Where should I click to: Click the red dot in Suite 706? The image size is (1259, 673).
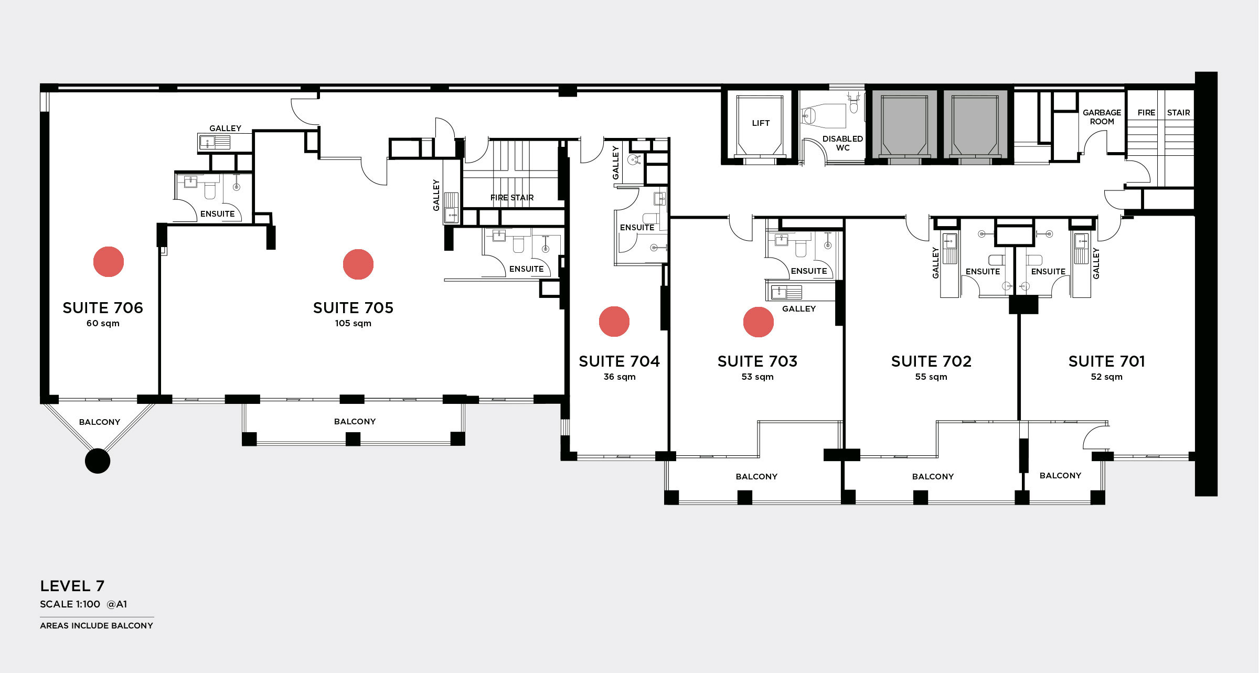(x=109, y=262)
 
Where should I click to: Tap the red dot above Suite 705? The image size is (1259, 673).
(x=358, y=264)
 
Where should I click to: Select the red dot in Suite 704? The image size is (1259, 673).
(x=614, y=322)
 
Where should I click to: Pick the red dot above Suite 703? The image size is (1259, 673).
(x=759, y=322)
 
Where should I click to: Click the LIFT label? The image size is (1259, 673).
(x=761, y=123)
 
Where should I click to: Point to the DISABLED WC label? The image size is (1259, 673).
(x=842, y=143)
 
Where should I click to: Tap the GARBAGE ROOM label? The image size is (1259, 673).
(x=1102, y=117)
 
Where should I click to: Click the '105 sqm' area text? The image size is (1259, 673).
(x=353, y=324)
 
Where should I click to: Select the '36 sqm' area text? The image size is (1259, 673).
(x=620, y=377)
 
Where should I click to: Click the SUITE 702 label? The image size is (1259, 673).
(x=931, y=361)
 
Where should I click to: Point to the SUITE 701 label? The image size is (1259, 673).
(x=1107, y=361)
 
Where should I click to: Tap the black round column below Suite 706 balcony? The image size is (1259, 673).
(x=98, y=461)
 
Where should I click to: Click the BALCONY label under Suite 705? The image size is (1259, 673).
(x=355, y=422)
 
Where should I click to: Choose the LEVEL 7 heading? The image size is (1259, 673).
(x=72, y=586)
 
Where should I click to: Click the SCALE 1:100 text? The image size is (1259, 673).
(x=70, y=604)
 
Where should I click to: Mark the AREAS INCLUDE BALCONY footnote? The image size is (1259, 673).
(x=97, y=626)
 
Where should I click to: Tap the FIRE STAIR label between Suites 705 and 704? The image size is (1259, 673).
(x=512, y=198)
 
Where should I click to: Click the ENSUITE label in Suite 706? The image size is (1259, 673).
(x=218, y=214)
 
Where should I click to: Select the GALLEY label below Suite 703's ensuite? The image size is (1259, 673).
(x=799, y=309)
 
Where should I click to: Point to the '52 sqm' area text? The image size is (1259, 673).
(x=1107, y=377)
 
